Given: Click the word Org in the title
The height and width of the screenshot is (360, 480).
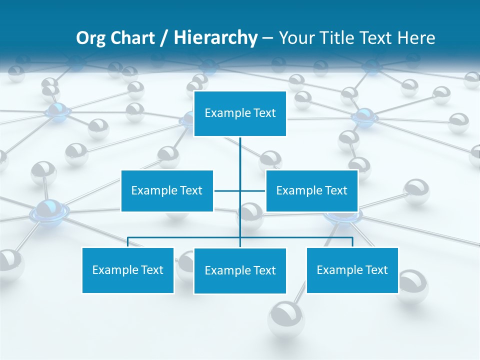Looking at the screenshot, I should point(90,38).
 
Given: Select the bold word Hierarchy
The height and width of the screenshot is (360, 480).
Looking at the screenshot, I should point(215,38).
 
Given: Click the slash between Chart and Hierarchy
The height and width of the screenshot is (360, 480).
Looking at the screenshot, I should point(163,38).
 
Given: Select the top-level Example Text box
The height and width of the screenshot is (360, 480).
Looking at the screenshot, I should point(240,113).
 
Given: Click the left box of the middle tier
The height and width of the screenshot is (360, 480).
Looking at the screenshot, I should point(167,190).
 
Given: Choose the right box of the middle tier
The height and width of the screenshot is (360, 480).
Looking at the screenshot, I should point(311,190).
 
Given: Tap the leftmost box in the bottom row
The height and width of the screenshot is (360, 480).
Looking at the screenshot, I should point(128,270).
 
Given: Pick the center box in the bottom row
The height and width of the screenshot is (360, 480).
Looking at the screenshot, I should point(240,270).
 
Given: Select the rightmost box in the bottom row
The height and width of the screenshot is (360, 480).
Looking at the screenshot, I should point(352,270).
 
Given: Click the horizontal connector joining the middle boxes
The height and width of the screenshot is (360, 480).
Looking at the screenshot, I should point(227,190).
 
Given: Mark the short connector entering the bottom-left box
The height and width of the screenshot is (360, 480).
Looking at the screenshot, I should point(128,242).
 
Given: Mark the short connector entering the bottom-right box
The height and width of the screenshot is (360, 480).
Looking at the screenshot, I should point(352,242).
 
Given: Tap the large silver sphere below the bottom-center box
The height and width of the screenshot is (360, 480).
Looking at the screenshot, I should point(286,318).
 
